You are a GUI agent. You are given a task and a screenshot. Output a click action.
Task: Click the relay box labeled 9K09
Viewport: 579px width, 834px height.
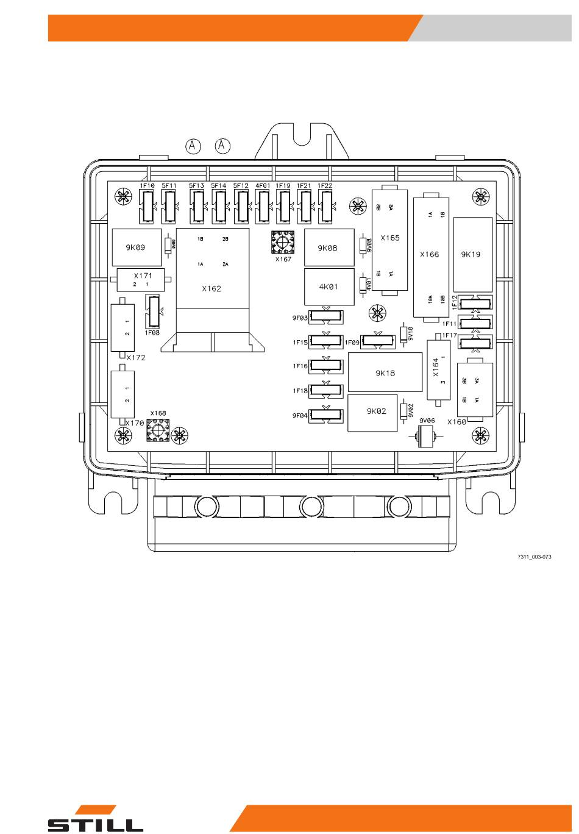click(x=136, y=248)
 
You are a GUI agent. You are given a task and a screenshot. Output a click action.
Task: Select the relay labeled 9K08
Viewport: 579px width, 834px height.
click(x=328, y=248)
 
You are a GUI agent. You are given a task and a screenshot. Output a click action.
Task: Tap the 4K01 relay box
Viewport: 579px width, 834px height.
click(x=328, y=287)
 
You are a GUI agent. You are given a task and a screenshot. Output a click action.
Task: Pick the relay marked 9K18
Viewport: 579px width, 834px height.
click(x=385, y=372)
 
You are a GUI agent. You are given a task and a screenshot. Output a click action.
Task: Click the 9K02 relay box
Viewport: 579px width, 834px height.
click(x=376, y=411)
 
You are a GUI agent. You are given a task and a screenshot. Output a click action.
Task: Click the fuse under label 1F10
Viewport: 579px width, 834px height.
click(x=147, y=207)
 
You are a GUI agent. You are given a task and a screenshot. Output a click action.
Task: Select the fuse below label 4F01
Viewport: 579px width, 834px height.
click(x=263, y=207)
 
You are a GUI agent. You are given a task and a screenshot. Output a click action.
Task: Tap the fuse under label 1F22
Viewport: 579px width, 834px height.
click(x=325, y=207)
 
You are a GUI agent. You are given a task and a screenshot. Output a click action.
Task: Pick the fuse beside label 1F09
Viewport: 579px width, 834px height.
click(x=377, y=341)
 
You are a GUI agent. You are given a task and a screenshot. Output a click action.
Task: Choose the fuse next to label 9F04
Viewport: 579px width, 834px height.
click(x=326, y=416)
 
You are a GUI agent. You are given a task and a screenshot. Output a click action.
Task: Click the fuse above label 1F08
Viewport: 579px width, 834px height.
click(x=152, y=312)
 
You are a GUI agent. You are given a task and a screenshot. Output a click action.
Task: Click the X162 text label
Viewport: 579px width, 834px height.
click(x=211, y=288)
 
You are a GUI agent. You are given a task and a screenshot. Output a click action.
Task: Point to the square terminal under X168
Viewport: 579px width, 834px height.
click(x=157, y=431)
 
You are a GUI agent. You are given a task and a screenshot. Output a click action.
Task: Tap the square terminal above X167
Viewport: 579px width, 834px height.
click(x=282, y=243)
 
